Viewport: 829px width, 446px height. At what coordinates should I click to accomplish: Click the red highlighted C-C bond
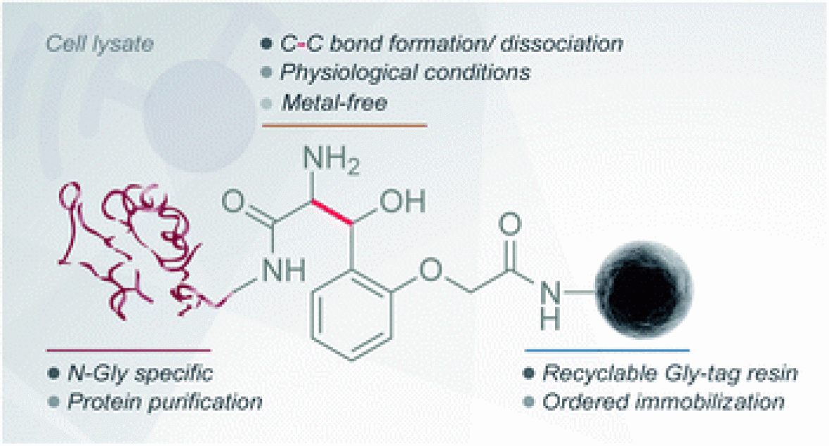click(x=332, y=212)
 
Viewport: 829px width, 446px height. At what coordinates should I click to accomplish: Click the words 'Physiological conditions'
click(x=405, y=72)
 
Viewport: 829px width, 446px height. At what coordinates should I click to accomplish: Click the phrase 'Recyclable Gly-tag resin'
click(x=670, y=373)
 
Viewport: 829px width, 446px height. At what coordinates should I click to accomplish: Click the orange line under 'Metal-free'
click(x=344, y=126)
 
